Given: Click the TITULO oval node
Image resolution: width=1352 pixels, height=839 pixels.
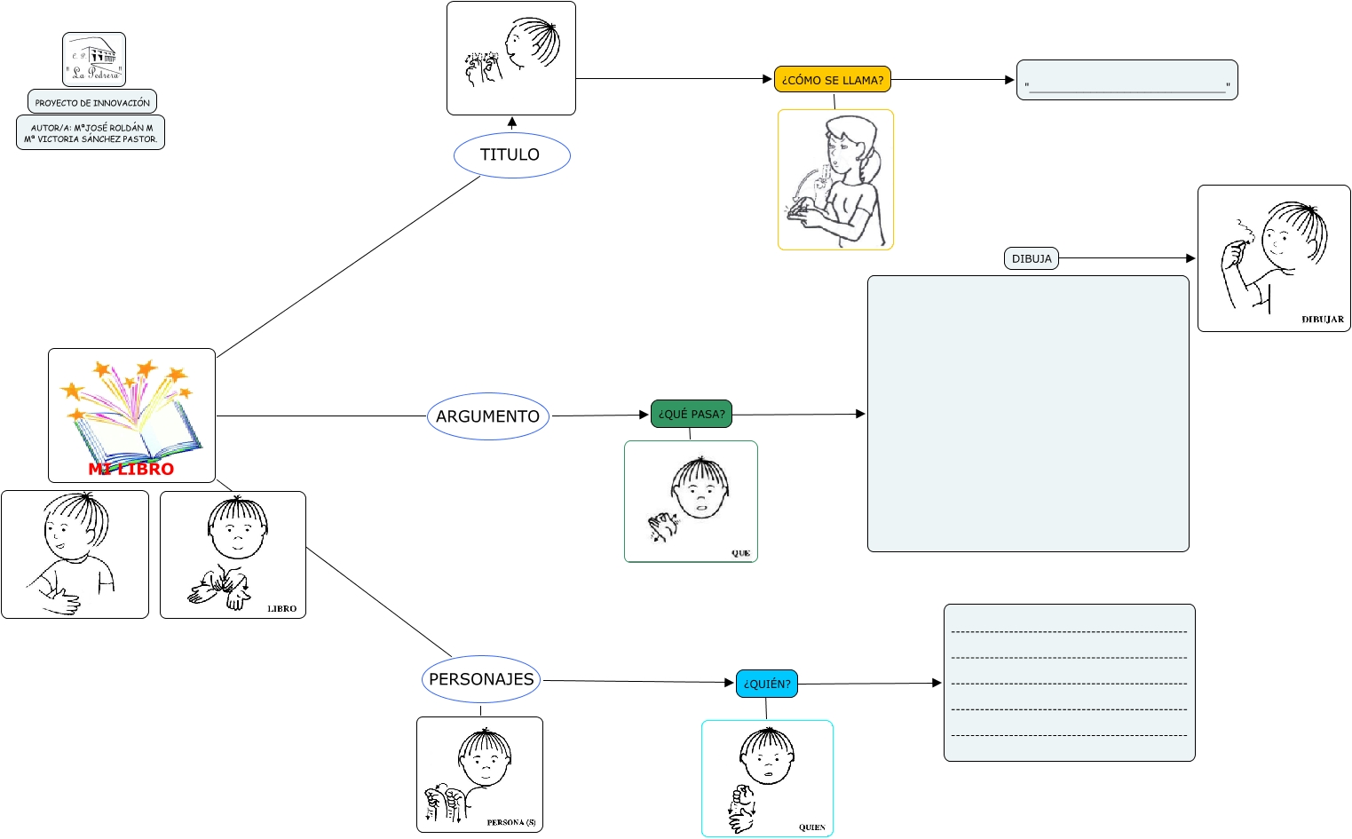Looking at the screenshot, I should pos(511,155).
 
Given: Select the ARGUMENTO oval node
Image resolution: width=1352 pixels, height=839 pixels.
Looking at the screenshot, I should pos(488,416).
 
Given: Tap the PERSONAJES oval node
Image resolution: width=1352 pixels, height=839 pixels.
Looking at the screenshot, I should pos(481,679).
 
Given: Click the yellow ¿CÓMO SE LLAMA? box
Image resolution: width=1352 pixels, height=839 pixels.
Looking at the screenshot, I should pos(832,80).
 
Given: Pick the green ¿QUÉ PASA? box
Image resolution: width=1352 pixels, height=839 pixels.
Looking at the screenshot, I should pos(691,414).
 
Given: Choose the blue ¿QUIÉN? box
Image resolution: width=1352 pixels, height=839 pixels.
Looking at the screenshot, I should pos(766,684).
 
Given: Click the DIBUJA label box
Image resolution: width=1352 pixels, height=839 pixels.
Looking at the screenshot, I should pos(1031,258).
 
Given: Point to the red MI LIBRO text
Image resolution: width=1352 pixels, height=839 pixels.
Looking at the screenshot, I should pos(131,469).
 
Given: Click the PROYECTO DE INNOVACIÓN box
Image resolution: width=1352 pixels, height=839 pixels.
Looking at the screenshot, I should pos(92,102).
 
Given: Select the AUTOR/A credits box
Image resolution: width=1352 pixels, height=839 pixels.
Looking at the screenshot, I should pos(91,133).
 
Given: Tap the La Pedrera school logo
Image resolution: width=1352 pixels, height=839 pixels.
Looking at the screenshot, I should pos(94,59).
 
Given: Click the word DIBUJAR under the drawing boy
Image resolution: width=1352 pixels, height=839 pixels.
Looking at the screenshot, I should pos(1322,320).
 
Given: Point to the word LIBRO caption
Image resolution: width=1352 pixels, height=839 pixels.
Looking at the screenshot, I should pos(281,609).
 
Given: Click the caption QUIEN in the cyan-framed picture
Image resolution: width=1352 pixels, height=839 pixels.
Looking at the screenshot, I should pos(811,827).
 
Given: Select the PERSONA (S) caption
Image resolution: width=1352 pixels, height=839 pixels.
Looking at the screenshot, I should pos(510,822).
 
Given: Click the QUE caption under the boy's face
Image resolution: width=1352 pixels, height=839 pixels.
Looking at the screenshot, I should pos(740,553).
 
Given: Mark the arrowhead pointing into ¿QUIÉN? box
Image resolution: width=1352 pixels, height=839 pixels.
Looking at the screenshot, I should pos(730,683).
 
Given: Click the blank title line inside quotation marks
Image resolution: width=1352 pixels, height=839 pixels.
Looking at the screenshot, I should pos(1127,87).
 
